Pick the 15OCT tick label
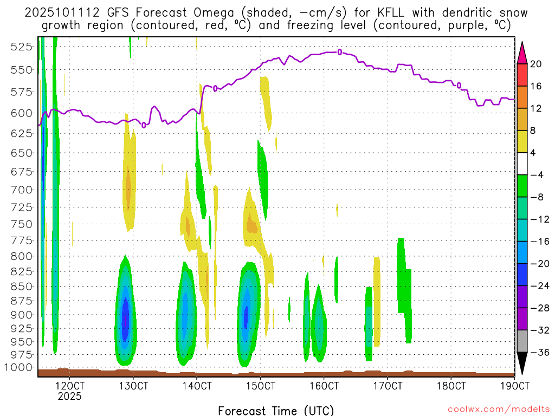pos(261,386)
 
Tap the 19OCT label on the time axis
pos(515,386)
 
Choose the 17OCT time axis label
pos(388,386)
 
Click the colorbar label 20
pos(536,64)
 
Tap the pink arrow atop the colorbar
pos(522,52)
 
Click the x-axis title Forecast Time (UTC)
pos(276,410)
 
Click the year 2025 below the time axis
pos(70,396)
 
